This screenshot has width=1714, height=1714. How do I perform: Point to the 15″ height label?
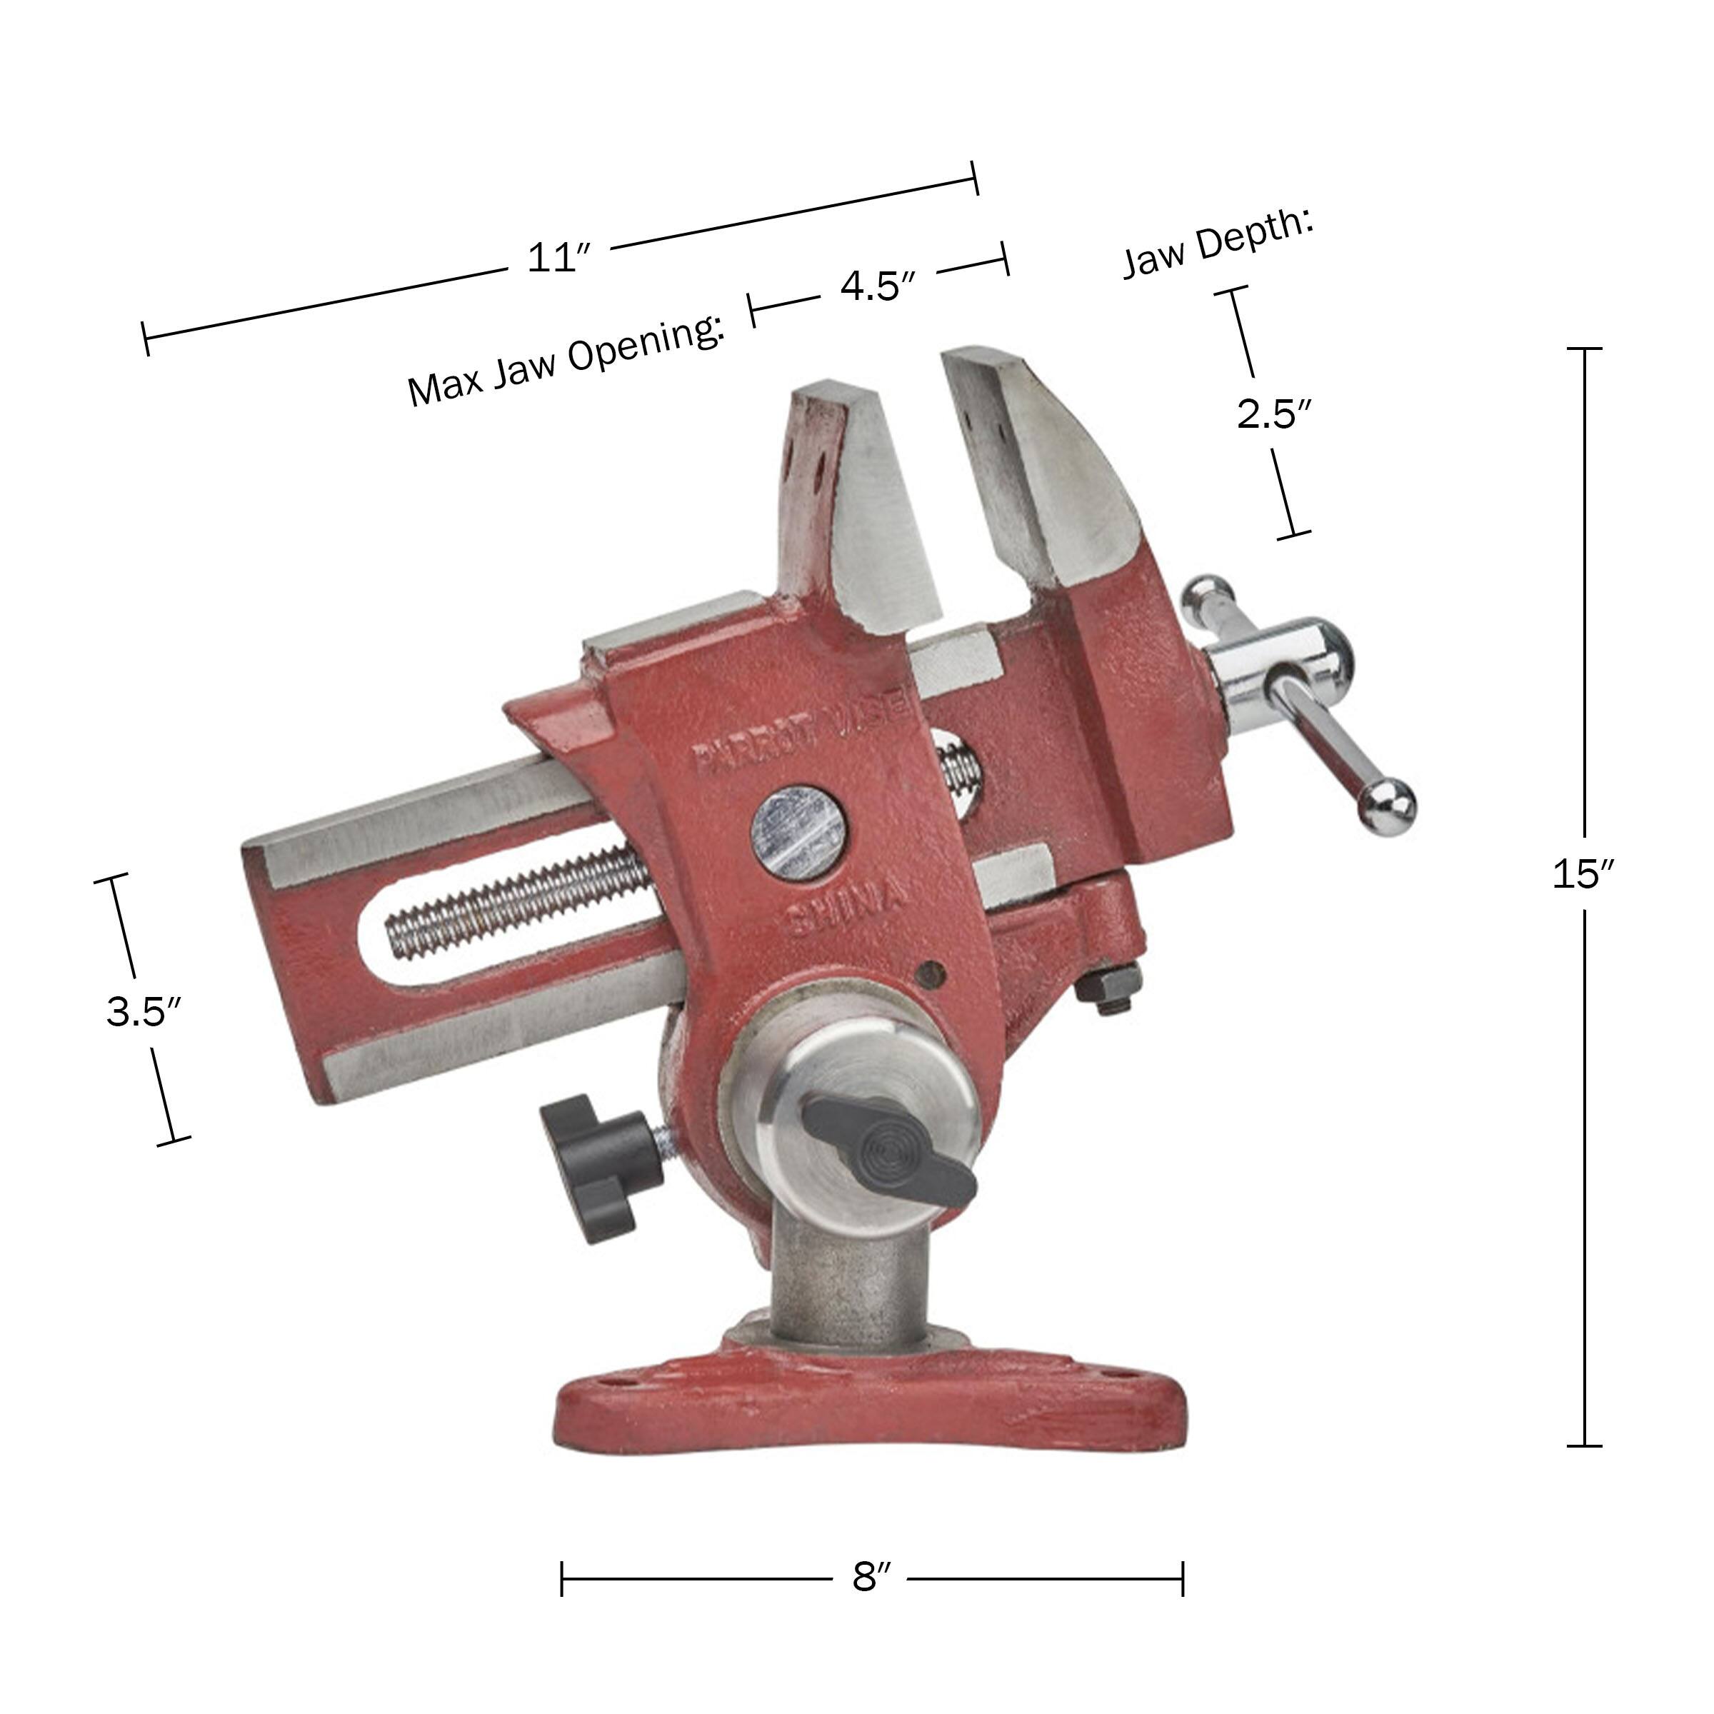click(1582, 874)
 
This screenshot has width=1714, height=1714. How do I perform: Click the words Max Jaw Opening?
click(566, 361)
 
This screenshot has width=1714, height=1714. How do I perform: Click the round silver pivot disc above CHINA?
click(798, 832)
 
